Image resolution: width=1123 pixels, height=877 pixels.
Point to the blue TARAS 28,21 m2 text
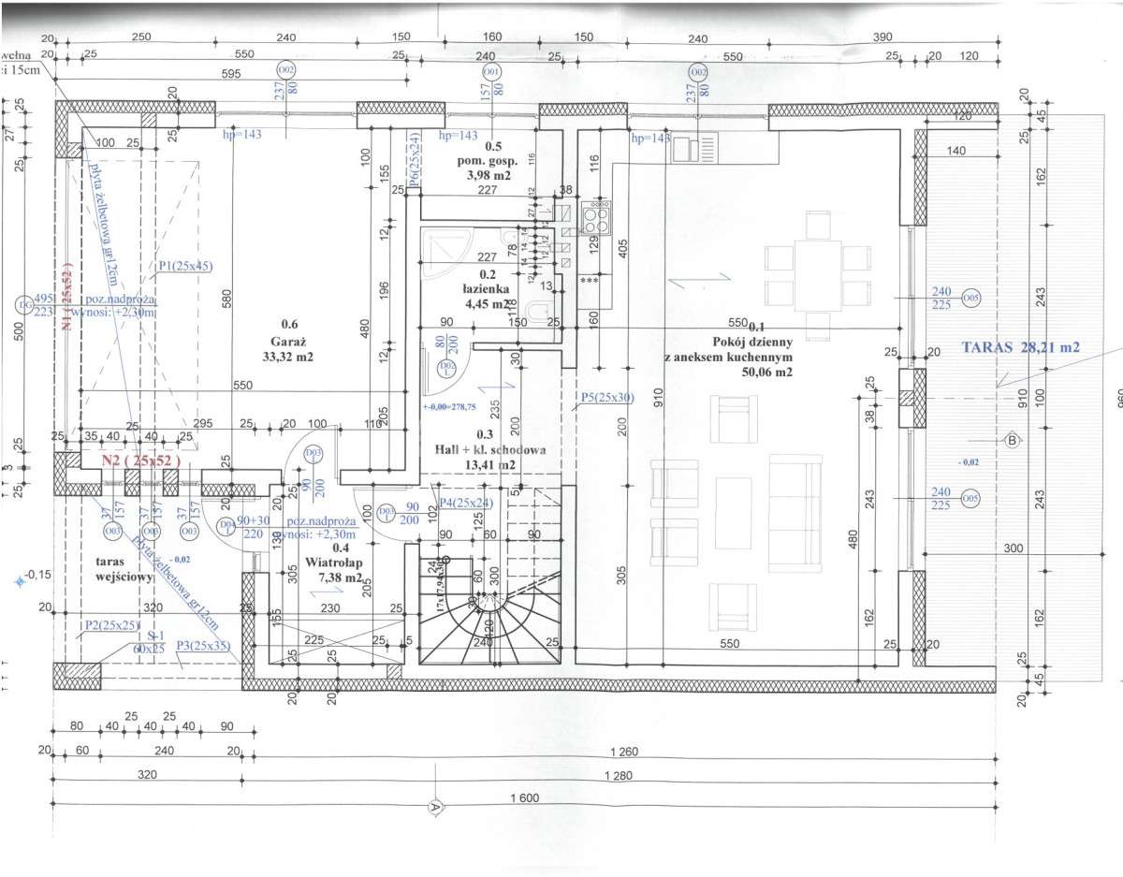click(x=1020, y=346)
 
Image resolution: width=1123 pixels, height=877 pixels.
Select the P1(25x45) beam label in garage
click(x=185, y=266)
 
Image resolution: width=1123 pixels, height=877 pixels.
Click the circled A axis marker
click(x=434, y=806)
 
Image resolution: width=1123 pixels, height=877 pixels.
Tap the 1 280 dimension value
click(x=618, y=776)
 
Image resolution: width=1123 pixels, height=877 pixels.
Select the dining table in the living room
click(x=816, y=276)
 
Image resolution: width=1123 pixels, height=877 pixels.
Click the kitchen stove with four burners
click(x=595, y=219)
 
